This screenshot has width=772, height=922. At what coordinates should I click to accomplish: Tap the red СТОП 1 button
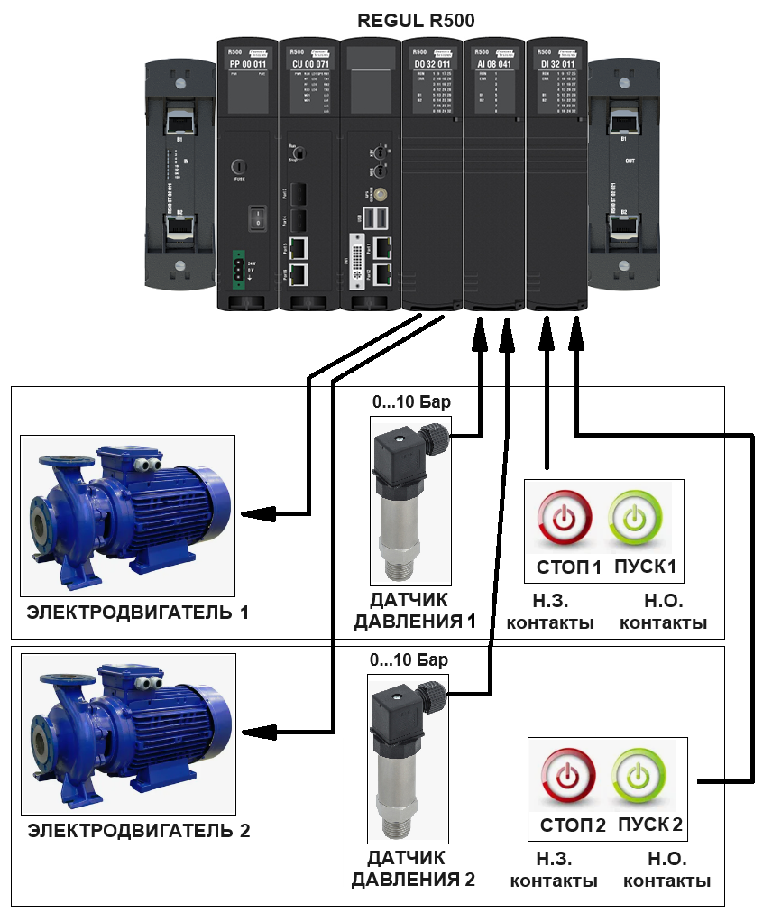(564, 521)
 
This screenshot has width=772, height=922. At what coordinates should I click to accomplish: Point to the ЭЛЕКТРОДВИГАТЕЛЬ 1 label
(138, 613)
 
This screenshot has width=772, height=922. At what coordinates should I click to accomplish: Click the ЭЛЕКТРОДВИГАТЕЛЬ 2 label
(138, 831)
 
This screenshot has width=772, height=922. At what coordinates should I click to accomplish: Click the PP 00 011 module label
(247, 66)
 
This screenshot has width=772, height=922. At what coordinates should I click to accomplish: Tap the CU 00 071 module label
(308, 66)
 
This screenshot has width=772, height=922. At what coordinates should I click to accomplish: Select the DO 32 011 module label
(431, 66)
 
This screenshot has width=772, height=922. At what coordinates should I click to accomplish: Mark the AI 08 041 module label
(492, 66)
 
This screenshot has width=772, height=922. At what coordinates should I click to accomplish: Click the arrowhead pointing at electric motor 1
(257, 514)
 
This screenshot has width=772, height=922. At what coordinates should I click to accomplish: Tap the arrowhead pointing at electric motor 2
(260, 733)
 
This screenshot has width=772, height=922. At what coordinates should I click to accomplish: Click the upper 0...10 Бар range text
(410, 401)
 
